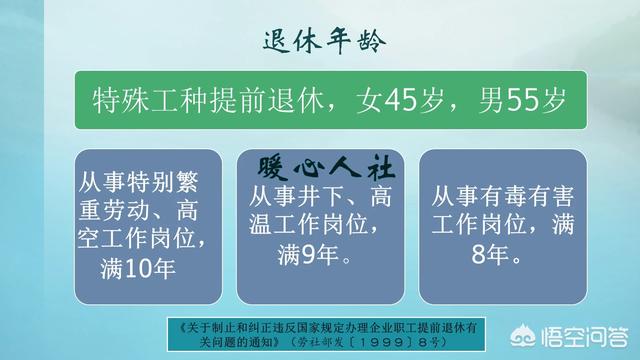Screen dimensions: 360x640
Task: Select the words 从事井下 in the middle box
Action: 291,193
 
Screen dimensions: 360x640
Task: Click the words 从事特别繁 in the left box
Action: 140,184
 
